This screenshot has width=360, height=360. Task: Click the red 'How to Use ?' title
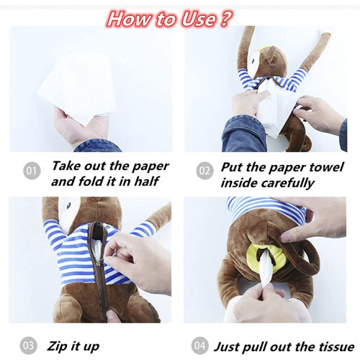(x=169, y=19)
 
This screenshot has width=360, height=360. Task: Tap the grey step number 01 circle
(x=32, y=171)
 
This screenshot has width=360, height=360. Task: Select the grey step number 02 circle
(x=204, y=171)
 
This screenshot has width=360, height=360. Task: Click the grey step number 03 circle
(x=29, y=346)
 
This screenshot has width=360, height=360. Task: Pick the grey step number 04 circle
(x=200, y=346)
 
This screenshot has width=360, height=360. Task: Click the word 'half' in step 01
(x=146, y=181)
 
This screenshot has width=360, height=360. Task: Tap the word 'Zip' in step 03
(x=57, y=346)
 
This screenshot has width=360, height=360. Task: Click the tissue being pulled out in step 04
(x=264, y=269)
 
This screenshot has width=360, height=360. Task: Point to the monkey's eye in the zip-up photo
(x=69, y=204)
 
